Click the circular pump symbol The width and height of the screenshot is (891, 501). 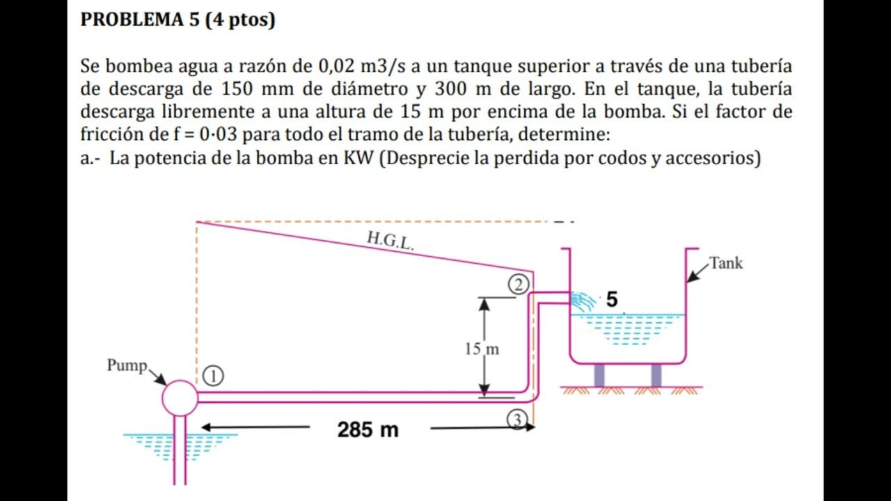click(x=180, y=397)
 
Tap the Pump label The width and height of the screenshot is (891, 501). click(x=127, y=365)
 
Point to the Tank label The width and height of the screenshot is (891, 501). click(x=726, y=263)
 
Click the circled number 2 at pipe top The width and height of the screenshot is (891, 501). click(x=519, y=284)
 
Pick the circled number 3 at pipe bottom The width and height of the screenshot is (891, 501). click(x=516, y=419)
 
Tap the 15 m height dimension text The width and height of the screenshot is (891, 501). click(x=482, y=349)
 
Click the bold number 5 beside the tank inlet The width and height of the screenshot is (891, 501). click(x=611, y=300)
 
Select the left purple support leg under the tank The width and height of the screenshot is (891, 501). click(x=599, y=376)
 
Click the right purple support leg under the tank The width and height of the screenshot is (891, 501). click(x=656, y=376)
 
